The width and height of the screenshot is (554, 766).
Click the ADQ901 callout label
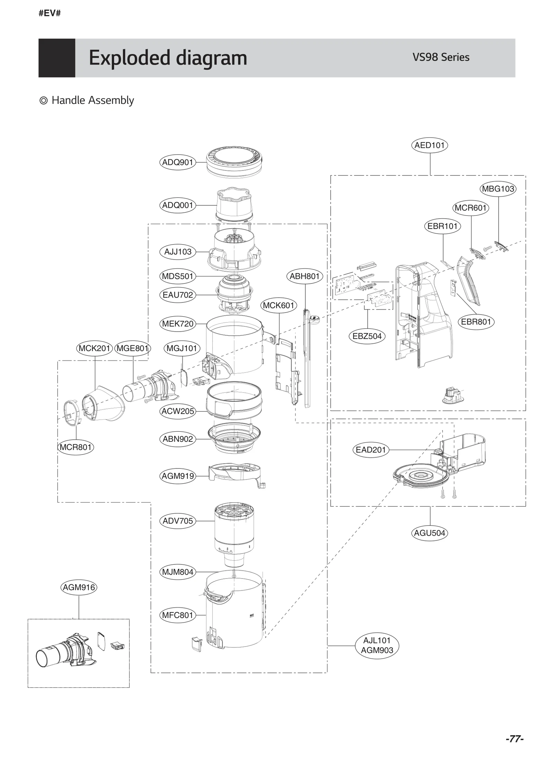pyautogui.click(x=178, y=162)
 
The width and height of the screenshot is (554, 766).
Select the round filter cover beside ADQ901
pyautogui.click(x=234, y=162)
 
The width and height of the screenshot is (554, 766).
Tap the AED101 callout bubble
pyautogui.click(x=429, y=145)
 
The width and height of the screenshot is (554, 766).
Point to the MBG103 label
pyautogui.click(x=498, y=189)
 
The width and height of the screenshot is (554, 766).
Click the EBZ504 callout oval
pyautogui.click(x=367, y=336)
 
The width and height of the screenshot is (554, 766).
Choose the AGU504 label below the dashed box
pyautogui.click(x=429, y=533)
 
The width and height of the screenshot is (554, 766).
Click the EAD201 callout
pyautogui.click(x=370, y=450)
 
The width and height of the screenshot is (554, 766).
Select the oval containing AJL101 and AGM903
pyautogui.click(x=377, y=645)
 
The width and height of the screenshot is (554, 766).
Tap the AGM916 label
pyautogui.click(x=79, y=587)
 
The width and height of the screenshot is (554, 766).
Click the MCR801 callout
pyautogui.click(x=75, y=447)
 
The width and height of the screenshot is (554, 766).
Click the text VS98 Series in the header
pyautogui.click(x=440, y=57)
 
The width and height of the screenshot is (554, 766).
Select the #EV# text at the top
pyautogui.click(x=50, y=14)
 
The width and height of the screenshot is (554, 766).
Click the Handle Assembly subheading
pyautogui.click(x=92, y=100)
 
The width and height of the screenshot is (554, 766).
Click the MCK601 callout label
pyautogui.click(x=278, y=305)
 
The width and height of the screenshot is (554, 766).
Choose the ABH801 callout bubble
pyautogui.click(x=305, y=276)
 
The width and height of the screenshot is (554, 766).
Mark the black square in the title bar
pyautogui.click(x=57, y=58)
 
